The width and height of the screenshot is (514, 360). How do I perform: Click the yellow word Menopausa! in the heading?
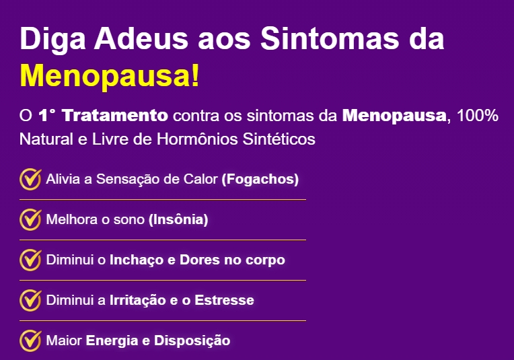[x=110, y=77]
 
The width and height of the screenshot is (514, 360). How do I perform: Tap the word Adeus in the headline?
[x=141, y=38]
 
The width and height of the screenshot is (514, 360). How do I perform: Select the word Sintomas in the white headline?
[x=330, y=38]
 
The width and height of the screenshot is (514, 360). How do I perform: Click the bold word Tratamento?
[x=115, y=116]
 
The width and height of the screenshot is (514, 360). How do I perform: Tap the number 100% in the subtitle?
[x=478, y=116]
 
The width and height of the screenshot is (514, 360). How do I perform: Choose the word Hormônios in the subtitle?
[x=197, y=139]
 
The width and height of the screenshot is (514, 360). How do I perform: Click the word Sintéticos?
[x=279, y=139]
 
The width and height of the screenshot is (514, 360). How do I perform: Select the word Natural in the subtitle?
[x=46, y=139]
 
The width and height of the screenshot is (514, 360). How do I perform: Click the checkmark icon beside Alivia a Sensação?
[x=30, y=180]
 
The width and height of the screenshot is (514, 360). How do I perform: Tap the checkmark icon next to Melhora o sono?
[x=30, y=219]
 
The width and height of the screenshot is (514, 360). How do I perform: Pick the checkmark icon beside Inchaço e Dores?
[x=30, y=260]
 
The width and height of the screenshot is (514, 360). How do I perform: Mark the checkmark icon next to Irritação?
[x=30, y=300]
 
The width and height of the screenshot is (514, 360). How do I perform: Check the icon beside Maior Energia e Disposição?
[x=30, y=340]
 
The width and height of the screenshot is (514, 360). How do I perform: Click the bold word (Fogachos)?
[x=260, y=180]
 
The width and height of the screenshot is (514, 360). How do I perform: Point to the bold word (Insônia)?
[x=178, y=219]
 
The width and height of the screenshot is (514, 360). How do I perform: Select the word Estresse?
[x=224, y=300]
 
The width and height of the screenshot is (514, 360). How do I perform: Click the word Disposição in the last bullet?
[x=192, y=341]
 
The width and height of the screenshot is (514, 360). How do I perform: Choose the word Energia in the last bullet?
[x=112, y=341]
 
